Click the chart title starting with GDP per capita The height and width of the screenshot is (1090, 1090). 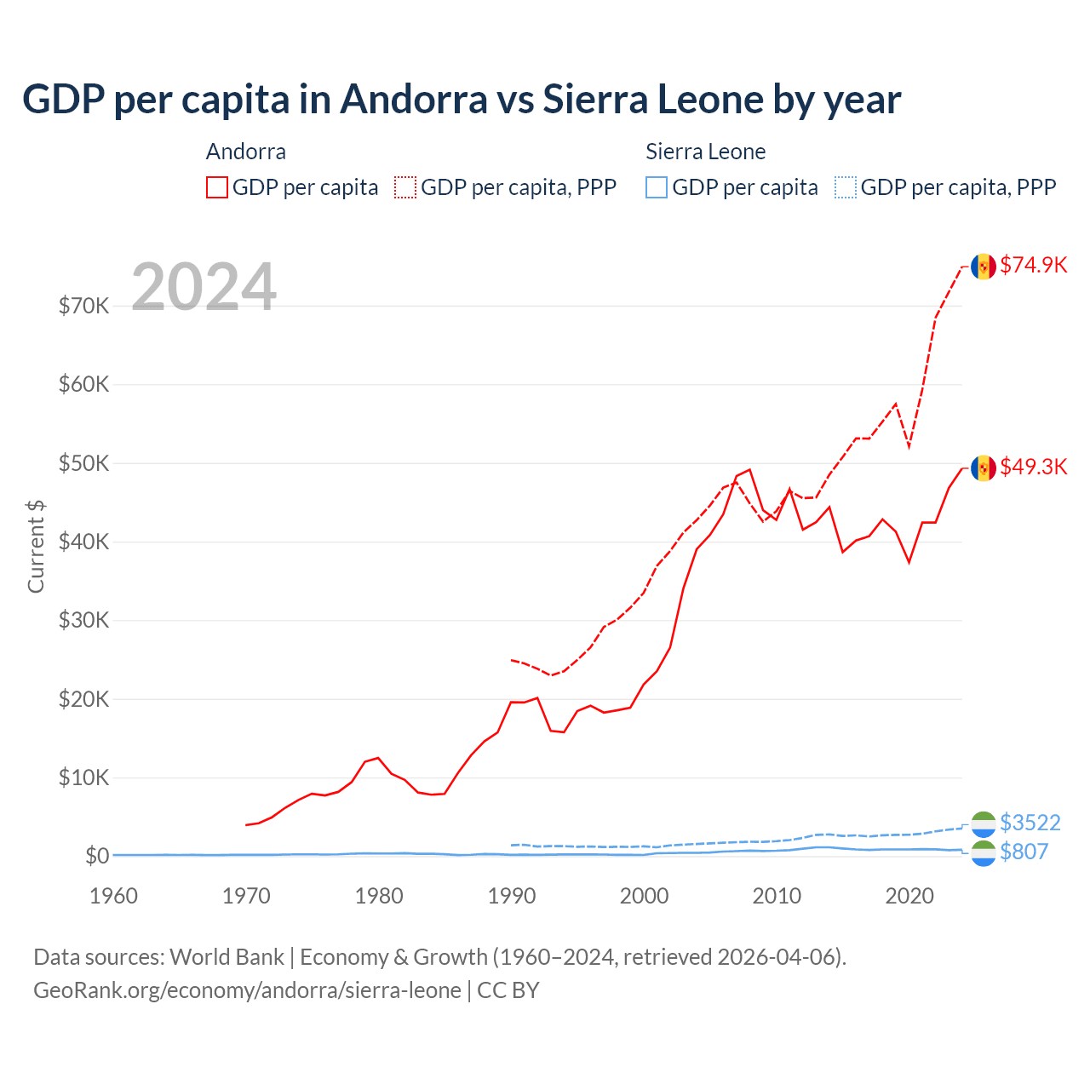tap(461, 100)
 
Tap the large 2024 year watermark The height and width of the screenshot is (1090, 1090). tap(204, 287)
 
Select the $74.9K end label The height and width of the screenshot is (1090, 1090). tap(1033, 265)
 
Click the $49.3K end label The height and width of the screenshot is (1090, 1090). tap(1033, 467)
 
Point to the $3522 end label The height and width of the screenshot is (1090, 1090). tap(1030, 823)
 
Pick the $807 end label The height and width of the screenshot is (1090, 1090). tap(1024, 852)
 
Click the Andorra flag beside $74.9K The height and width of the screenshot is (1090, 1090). tap(984, 267)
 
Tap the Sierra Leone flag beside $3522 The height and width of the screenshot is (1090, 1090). tap(984, 823)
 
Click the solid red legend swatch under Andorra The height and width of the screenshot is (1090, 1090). tap(217, 187)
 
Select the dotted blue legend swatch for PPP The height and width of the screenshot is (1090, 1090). tap(845, 187)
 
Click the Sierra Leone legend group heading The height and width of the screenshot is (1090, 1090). tap(705, 152)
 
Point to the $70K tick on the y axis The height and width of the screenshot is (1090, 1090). tap(83, 306)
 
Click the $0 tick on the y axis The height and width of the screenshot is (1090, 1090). tap(97, 856)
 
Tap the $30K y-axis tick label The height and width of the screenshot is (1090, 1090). tap(83, 620)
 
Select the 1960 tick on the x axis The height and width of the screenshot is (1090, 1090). tap(113, 896)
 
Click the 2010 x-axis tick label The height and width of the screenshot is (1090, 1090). tap(777, 896)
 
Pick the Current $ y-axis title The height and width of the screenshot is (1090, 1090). tap(36, 547)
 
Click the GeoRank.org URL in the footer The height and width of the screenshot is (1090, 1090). tap(247, 990)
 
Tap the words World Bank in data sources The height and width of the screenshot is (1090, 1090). tap(227, 957)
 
